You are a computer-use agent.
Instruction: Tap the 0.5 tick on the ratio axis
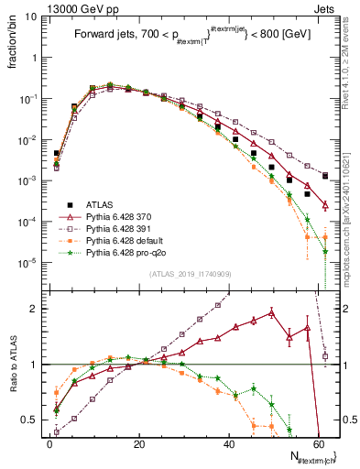pyautogui.click(x=33, y=420)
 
